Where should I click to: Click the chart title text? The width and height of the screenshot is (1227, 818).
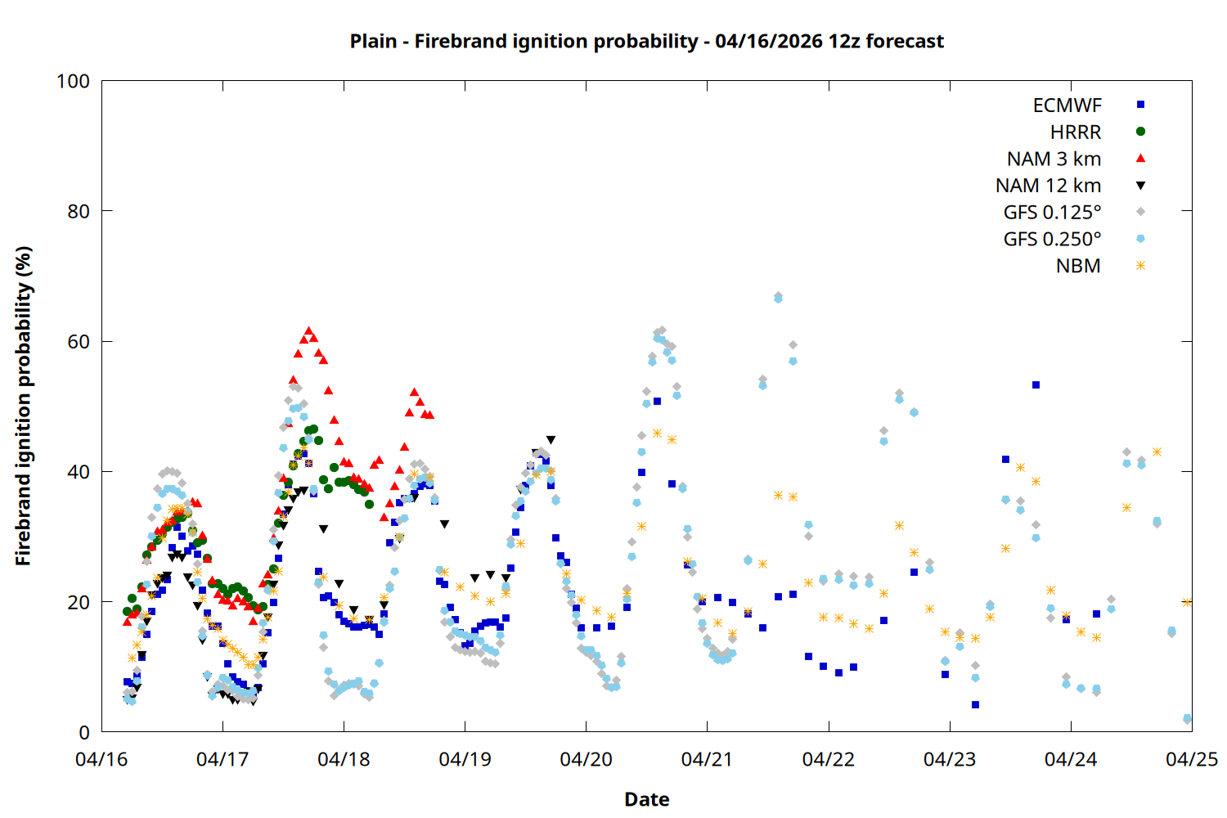pyautogui.click(x=646, y=41)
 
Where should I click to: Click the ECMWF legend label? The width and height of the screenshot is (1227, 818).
pyautogui.click(x=1067, y=106)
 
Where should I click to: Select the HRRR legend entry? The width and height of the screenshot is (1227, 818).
pyautogui.click(x=1076, y=133)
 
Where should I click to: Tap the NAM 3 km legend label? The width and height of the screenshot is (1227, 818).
pyautogui.click(x=1054, y=159)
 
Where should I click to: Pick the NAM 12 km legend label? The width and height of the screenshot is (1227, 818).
pyautogui.click(x=1048, y=186)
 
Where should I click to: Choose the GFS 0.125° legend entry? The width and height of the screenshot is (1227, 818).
pyautogui.click(x=1052, y=213)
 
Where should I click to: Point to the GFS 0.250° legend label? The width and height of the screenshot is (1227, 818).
pyautogui.click(x=1052, y=240)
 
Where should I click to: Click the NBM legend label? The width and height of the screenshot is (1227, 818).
pyautogui.click(x=1078, y=266)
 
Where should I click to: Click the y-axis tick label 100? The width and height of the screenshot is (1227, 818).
pyautogui.click(x=73, y=81)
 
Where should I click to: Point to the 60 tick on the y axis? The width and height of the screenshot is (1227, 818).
pyautogui.click(x=79, y=342)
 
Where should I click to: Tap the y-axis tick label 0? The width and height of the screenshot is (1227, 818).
pyautogui.click(x=84, y=733)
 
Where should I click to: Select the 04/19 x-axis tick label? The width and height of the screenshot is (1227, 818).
pyautogui.click(x=465, y=759)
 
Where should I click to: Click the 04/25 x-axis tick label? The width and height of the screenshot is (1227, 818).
pyautogui.click(x=1191, y=759)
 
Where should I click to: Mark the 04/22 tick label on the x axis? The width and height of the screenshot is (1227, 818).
pyautogui.click(x=829, y=759)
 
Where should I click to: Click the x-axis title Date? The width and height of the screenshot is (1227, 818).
pyautogui.click(x=646, y=799)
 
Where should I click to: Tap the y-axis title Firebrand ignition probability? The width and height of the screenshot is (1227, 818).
pyautogui.click(x=24, y=406)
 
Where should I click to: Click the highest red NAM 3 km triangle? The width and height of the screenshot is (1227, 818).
pyautogui.click(x=308, y=330)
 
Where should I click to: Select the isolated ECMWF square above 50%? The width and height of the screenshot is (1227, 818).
pyautogui.click(x=1036, y=384)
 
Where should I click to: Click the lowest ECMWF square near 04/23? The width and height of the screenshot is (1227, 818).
pyautogui.click(x=975, y=704)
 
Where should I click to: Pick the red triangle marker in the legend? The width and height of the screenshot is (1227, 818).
pyautogui.click(x=1140, y=159)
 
